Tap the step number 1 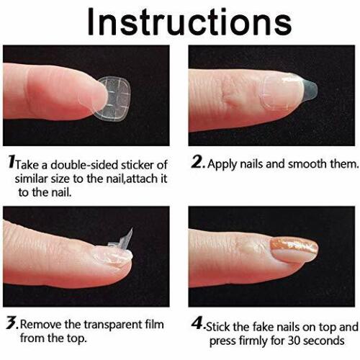pos(10,163)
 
